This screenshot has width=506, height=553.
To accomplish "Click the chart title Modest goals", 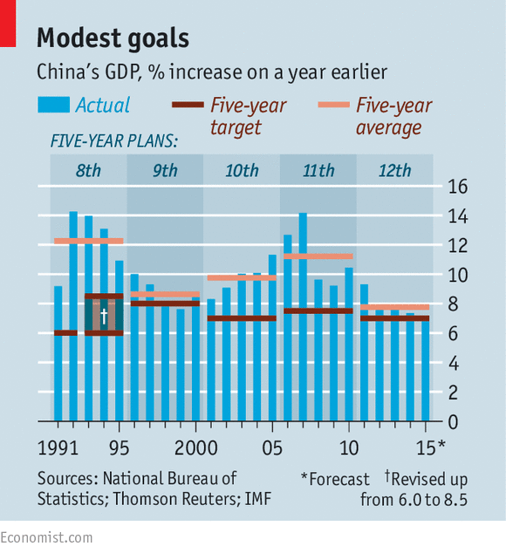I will click(x=113, y=38).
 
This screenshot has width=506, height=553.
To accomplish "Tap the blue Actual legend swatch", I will click(x=53, y=106).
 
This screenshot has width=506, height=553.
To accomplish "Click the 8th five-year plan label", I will click(x=88, y=170).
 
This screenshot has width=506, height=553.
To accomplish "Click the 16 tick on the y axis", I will click(x=457, y=187).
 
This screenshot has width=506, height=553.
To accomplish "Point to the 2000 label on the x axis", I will click(x=196, y=448).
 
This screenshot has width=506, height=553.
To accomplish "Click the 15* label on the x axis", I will click(x=430, y=448).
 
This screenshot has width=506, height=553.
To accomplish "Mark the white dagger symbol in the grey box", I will click(x=103, y=315).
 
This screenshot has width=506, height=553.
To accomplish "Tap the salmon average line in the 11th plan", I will click(x=318, y=256).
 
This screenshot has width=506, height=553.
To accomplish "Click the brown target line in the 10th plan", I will click(x=242, y=317).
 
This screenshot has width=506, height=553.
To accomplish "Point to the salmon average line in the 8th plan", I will click(x=88, y=241).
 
